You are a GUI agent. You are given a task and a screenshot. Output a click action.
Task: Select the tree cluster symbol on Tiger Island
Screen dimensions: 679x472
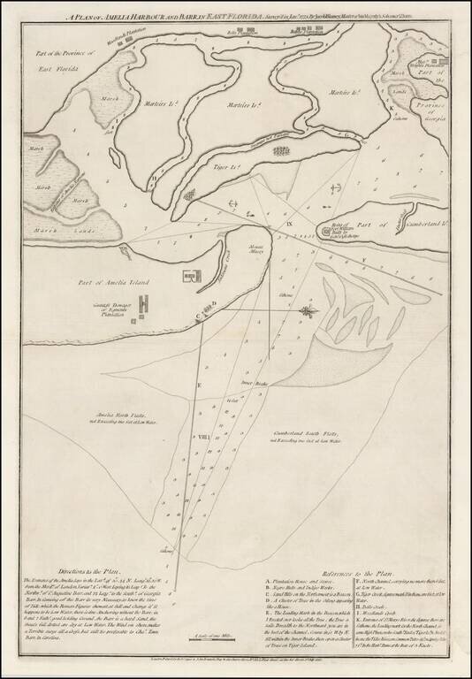pos(281,150)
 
